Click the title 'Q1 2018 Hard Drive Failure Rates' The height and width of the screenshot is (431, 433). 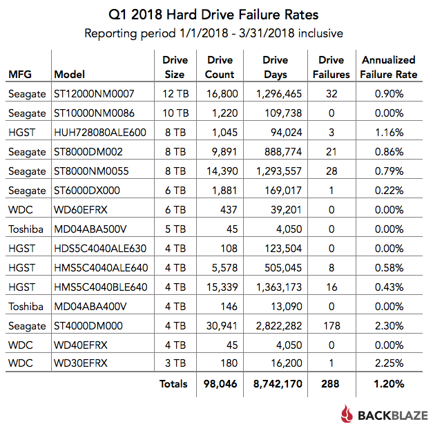coord(216,15)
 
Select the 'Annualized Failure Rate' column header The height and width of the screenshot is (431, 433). coord(389,67)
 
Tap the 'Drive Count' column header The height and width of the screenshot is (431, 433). coord(220,67)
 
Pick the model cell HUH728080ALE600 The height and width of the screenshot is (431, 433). coord(98,131)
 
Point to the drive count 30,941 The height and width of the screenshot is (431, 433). coord(220,325)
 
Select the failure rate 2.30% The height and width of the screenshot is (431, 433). coord(389,325)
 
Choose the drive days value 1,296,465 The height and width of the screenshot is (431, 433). coord(276,94)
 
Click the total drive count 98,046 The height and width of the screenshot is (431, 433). coord(220,383)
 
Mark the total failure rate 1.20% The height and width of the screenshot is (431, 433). coord(389,383)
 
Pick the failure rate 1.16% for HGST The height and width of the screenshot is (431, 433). coord(389,131)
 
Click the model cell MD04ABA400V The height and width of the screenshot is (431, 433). coord(88,306)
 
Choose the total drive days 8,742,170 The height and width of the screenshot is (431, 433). coord(276,383)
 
